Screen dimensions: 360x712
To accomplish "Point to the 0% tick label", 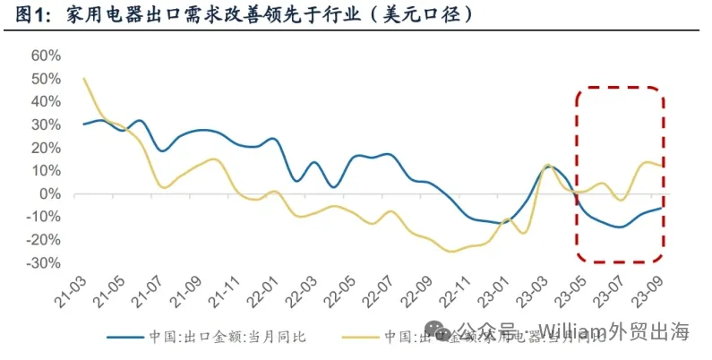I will pyautogui.click(x=50, y=194).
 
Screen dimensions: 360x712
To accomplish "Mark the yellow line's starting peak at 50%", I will pyautogui.click(x=83, y=78).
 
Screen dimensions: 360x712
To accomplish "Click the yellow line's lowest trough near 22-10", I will pyautogui.click(x=450, y=252).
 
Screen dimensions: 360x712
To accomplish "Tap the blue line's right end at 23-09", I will pyautogui.click(x=662, y=208).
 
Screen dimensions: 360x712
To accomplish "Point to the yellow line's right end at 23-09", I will pyautogui.click(x=662, y=166).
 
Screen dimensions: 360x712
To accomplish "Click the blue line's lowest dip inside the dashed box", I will pyautogui.click(x=619, y=227).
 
